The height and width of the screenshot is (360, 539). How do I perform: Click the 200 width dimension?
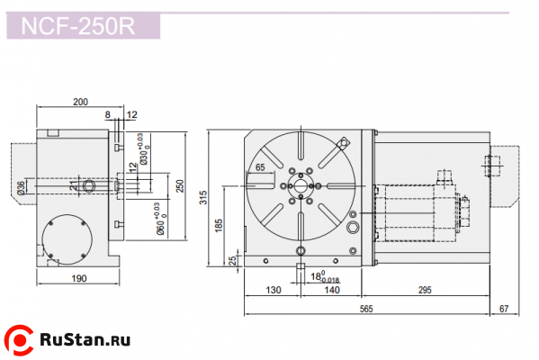click(80, 103)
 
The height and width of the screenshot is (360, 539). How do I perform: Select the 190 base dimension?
click(78, 279)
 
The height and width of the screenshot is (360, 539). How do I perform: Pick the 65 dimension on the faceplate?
click(260, 167)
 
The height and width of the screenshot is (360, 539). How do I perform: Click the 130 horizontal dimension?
click(274, 291)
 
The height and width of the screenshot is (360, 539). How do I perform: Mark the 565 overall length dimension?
click(367, 309)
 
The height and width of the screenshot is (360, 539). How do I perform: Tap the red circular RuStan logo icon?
click(20, 340)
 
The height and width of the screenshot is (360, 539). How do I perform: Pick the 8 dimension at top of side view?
click(107, 115)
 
